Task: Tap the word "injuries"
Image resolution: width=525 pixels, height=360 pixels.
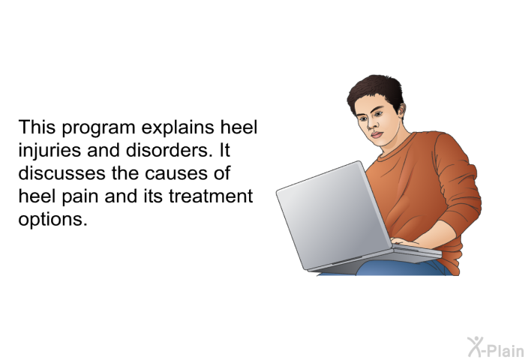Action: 49,151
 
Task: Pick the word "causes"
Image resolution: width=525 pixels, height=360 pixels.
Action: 176,174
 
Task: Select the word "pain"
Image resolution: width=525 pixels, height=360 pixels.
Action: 80,197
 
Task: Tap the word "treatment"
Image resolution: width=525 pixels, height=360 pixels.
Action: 211,196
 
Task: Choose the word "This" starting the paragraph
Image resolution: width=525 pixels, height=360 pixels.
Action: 37,127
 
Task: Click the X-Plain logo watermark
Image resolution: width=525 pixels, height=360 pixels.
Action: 496,347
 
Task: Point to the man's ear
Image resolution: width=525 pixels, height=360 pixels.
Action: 400,110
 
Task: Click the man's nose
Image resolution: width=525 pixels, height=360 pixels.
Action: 370,125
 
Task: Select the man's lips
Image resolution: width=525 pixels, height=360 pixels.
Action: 376,134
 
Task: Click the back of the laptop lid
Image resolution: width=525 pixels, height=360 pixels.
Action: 333,214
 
